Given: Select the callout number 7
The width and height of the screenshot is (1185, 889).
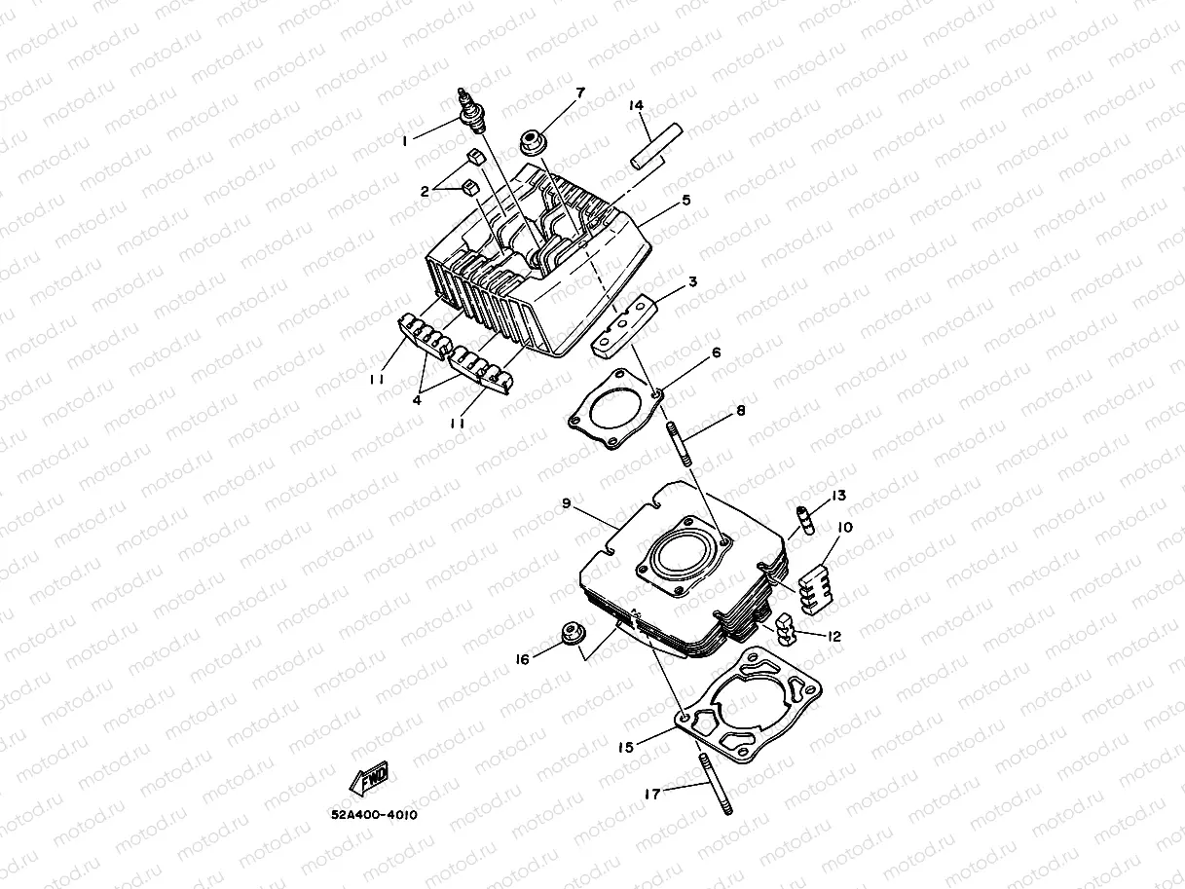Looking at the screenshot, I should [580, 93].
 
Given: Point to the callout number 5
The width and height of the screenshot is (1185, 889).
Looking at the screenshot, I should [686, 201].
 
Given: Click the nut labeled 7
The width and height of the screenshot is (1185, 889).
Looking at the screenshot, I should [532, 142].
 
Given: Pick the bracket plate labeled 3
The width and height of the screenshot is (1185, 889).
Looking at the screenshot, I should [623, 323].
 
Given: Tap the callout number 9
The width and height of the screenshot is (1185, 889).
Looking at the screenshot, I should [566, 503].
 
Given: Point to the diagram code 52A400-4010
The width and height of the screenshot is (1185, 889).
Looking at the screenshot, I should [374, 816].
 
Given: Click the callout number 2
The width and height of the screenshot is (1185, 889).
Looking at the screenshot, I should [425, 192].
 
